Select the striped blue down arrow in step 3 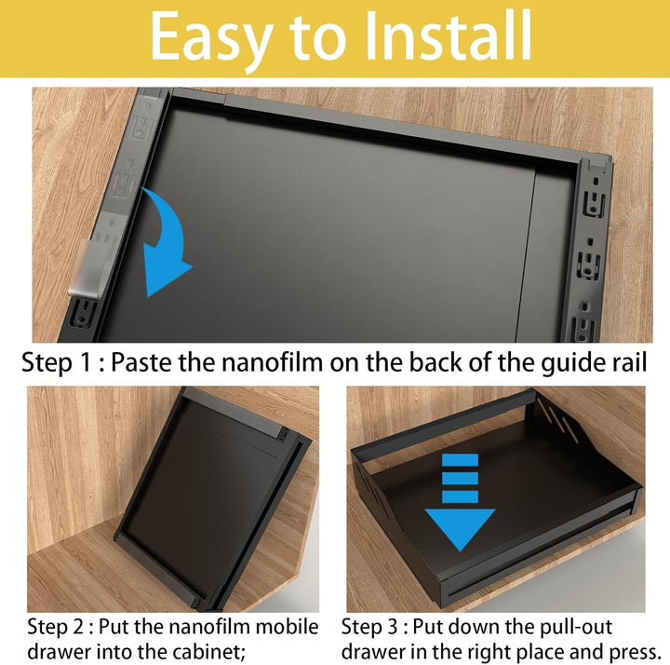click(x=460, y=502)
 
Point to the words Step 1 click(x=57, y=363)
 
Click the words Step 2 click(x=56, y=627)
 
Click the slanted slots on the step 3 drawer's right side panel click(x=557, y=419)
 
